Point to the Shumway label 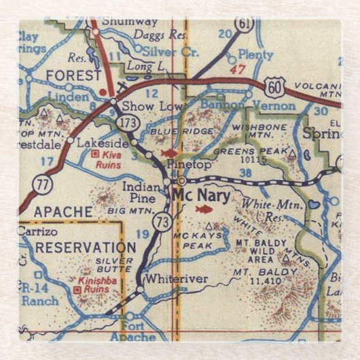pos(129,22)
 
